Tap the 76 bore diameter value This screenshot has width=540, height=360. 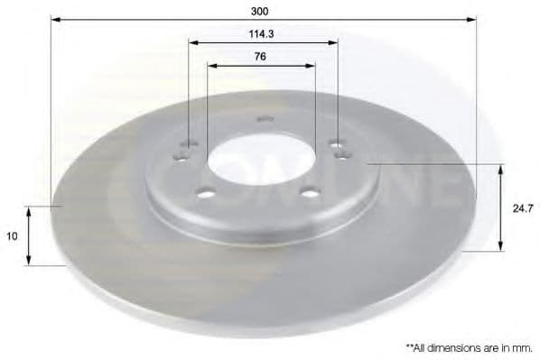(x=260, y=56)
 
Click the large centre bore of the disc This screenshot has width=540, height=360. (x=260, y=162)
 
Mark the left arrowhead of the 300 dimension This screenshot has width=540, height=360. (x=53, y=19)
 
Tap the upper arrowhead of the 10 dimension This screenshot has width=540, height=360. (x=29, y=209)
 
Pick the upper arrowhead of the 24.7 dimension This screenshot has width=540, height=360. (x=501, y=167)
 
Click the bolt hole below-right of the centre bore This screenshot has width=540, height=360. (x=310, y=191)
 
